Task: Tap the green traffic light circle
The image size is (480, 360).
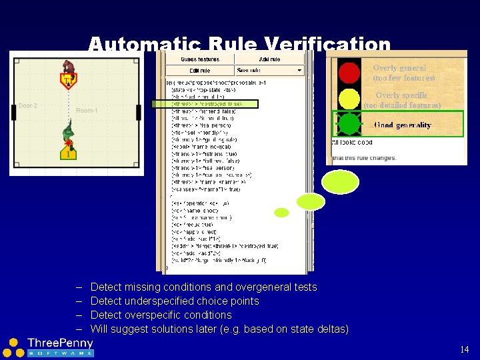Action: coord(349,124)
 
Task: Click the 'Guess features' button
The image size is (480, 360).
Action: coord(199,59)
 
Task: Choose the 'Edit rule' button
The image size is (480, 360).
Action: coord(199,70)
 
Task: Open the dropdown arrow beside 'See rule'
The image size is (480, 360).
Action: coord(299,70)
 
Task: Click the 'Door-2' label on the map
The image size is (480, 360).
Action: coord(27,105)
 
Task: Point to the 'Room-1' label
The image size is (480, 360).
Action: coord(87,111)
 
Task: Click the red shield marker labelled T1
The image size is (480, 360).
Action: coord(68,81)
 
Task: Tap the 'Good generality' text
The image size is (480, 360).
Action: coord(402,125)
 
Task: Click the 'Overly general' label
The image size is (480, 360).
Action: coord(399,68)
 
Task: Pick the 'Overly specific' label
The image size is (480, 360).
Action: coord(401,95)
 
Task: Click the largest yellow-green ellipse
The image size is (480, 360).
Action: coord(340,181)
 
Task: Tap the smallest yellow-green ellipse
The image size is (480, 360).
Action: coord(282,213)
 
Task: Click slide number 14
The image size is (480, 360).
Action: coord(465,349)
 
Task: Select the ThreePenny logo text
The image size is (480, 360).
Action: coord(60,343)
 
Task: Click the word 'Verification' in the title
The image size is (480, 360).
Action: coord(327,45)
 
